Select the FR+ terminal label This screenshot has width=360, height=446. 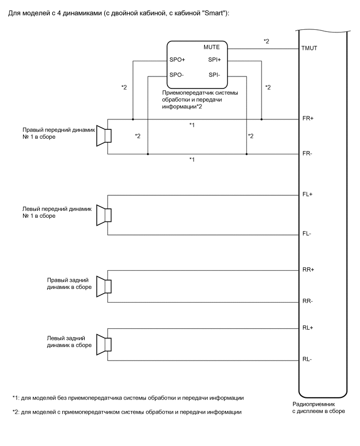(308, 119)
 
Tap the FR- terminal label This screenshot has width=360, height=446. (307, 154)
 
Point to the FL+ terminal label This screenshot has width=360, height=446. (307, 195)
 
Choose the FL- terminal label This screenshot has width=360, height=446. (307, 234)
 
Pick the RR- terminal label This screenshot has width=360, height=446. (307, 302)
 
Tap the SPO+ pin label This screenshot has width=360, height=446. (177, 60)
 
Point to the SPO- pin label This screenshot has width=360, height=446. (176, 75)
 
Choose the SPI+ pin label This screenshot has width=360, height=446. (215, 60)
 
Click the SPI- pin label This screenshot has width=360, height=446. (214, 75)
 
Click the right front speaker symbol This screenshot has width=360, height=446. (105, 136)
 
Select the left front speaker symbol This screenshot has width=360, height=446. (105, 215)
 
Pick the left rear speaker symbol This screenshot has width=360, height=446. (105, 344)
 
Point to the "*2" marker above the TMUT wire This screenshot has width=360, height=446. (266, 41)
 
